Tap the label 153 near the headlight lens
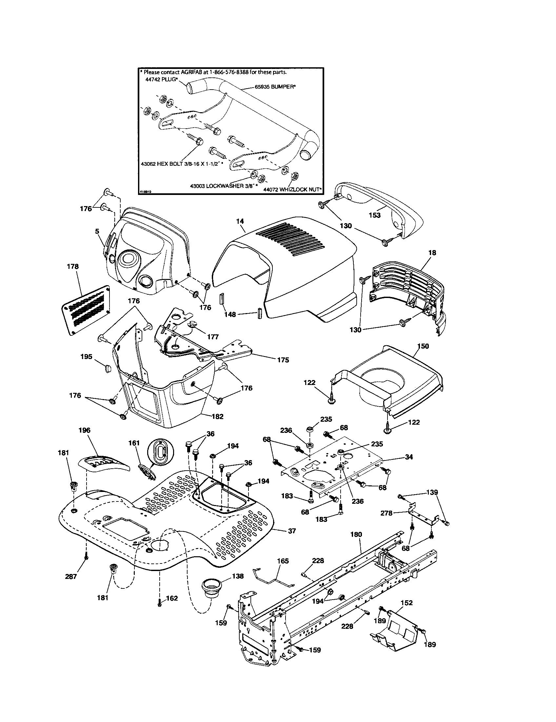pos(374,215)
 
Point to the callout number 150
pos(423,346)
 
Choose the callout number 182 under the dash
pos(217,416)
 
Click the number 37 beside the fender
pos(292,531)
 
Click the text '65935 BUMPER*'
pos(275,87)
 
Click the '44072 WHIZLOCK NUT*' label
pos(292,190)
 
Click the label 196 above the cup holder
pos(84,430)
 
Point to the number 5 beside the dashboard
pos(97,231)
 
